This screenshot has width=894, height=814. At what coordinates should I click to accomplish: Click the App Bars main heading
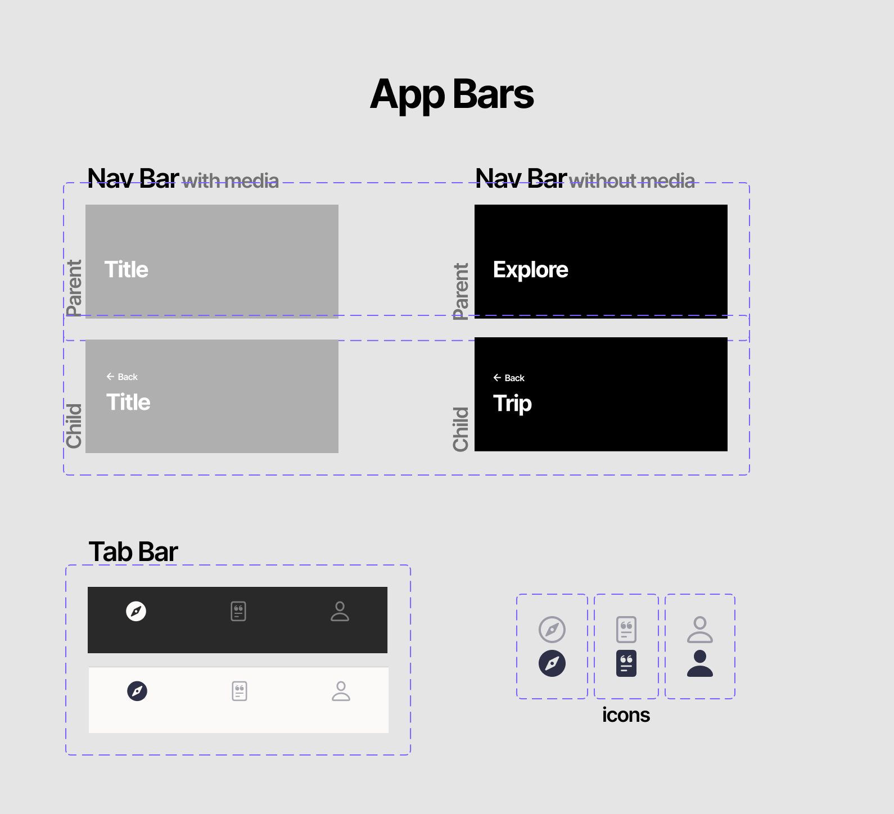(452, 94)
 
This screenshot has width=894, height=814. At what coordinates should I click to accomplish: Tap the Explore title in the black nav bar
(530, 270)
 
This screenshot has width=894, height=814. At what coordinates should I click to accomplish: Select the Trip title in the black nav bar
(512, 404)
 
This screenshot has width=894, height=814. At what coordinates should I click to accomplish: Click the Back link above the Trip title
(509, 378)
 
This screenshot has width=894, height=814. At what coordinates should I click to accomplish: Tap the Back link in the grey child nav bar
(122, 377)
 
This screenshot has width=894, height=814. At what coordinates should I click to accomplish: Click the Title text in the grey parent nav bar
(127, 269)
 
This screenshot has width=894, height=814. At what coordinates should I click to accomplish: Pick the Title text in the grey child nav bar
(128, 402)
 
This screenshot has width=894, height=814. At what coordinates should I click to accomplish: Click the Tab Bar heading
(133, 551)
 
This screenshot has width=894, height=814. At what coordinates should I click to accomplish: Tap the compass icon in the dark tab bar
(136, 611)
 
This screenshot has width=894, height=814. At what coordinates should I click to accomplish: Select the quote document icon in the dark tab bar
(238, 611)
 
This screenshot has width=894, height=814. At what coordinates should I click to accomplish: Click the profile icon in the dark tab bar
(340, 611)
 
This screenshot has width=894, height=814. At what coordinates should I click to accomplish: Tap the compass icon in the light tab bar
(137, 691)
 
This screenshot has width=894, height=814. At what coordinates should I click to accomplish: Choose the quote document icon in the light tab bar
(240, 691)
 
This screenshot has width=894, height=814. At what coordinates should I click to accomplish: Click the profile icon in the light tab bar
(341, 691)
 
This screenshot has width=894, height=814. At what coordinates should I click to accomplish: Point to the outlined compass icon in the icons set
(552, 630)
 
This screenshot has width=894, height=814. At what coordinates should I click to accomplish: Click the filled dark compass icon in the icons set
(552, 663)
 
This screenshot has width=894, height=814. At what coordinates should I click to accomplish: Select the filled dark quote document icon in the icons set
(626, 663)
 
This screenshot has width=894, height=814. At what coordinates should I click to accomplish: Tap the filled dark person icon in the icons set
(700, 663)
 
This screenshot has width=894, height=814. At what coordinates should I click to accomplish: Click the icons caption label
(626, 715)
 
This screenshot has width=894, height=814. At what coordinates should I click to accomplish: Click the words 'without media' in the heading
(632, 180)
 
